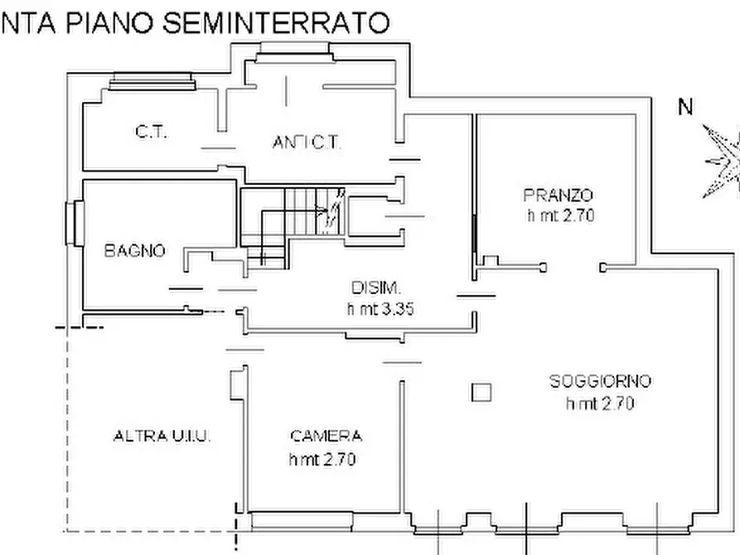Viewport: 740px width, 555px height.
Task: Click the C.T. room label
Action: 151,132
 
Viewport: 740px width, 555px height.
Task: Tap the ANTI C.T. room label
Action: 307,142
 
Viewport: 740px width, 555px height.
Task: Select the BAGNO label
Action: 134,250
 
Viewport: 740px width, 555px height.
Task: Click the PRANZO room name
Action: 559,195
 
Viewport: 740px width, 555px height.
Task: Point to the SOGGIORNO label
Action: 601,382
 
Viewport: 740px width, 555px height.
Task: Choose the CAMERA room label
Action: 326,437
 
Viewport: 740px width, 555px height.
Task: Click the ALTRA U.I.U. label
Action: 162,437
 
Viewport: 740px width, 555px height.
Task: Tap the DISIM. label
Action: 377,288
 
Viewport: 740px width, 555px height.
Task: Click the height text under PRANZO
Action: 561,216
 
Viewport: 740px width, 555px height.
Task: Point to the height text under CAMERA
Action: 322,459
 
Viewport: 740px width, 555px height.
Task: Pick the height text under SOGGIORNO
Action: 600,403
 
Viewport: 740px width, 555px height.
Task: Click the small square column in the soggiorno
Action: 481,392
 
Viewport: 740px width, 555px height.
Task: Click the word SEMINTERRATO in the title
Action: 275,22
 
